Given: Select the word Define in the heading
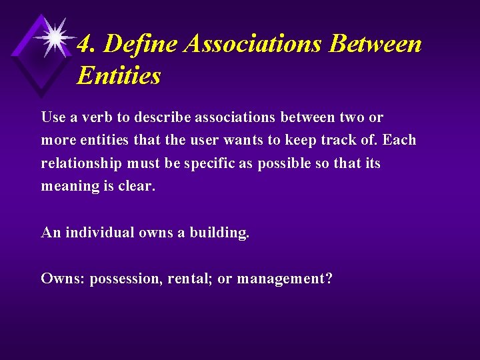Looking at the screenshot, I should click(139, 44).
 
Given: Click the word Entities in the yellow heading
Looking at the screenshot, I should click(119, 75).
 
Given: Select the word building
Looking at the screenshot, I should click(219, 233).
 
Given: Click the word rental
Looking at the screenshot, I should click(193, 278).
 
